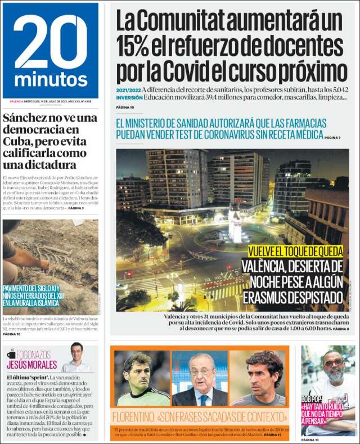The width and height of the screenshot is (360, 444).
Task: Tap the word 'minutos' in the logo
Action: (51, 79)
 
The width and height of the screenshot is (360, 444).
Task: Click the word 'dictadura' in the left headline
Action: (48, 164)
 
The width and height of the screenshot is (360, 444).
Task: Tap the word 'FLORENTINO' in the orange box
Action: (137, 418)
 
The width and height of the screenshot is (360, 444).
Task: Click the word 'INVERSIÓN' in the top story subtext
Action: (129, 97)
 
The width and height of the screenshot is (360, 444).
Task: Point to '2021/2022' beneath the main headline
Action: (128, 89)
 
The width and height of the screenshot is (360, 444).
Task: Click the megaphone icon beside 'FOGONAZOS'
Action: (12, 354)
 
